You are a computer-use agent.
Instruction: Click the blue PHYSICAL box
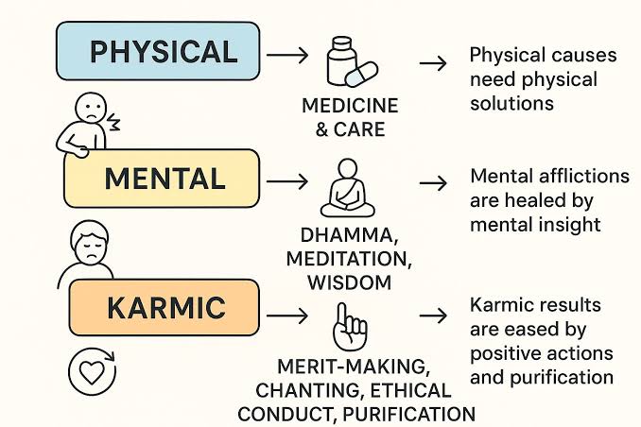[x=158, y=51]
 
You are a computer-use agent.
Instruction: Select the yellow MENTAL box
[x=162, y=179]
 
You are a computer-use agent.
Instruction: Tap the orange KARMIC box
[x=165, y=307]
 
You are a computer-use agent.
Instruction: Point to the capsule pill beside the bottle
[x=361, y=75]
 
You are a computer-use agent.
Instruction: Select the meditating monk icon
[x=348, y=188]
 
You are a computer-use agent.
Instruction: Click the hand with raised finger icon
[x=350, y=327]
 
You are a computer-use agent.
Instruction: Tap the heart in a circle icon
[x=92, y=371]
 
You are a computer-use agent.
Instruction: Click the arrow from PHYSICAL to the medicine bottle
[x=287, y=55]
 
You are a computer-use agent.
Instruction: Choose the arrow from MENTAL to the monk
[x=287, y=181]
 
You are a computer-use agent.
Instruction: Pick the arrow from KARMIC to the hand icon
[x=287, y=316]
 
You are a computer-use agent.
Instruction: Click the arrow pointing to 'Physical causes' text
[x=433, y=63]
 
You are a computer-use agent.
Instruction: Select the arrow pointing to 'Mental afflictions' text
[x=433, y=182]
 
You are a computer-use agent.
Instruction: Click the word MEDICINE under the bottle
[x=350, y=106]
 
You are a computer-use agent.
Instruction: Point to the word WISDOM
[x=350, y=282]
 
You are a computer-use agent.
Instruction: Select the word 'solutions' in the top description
[x=511, y=103]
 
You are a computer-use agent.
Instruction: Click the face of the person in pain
[x=91, y=107]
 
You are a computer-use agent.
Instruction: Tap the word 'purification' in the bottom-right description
[x=562, y=378]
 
